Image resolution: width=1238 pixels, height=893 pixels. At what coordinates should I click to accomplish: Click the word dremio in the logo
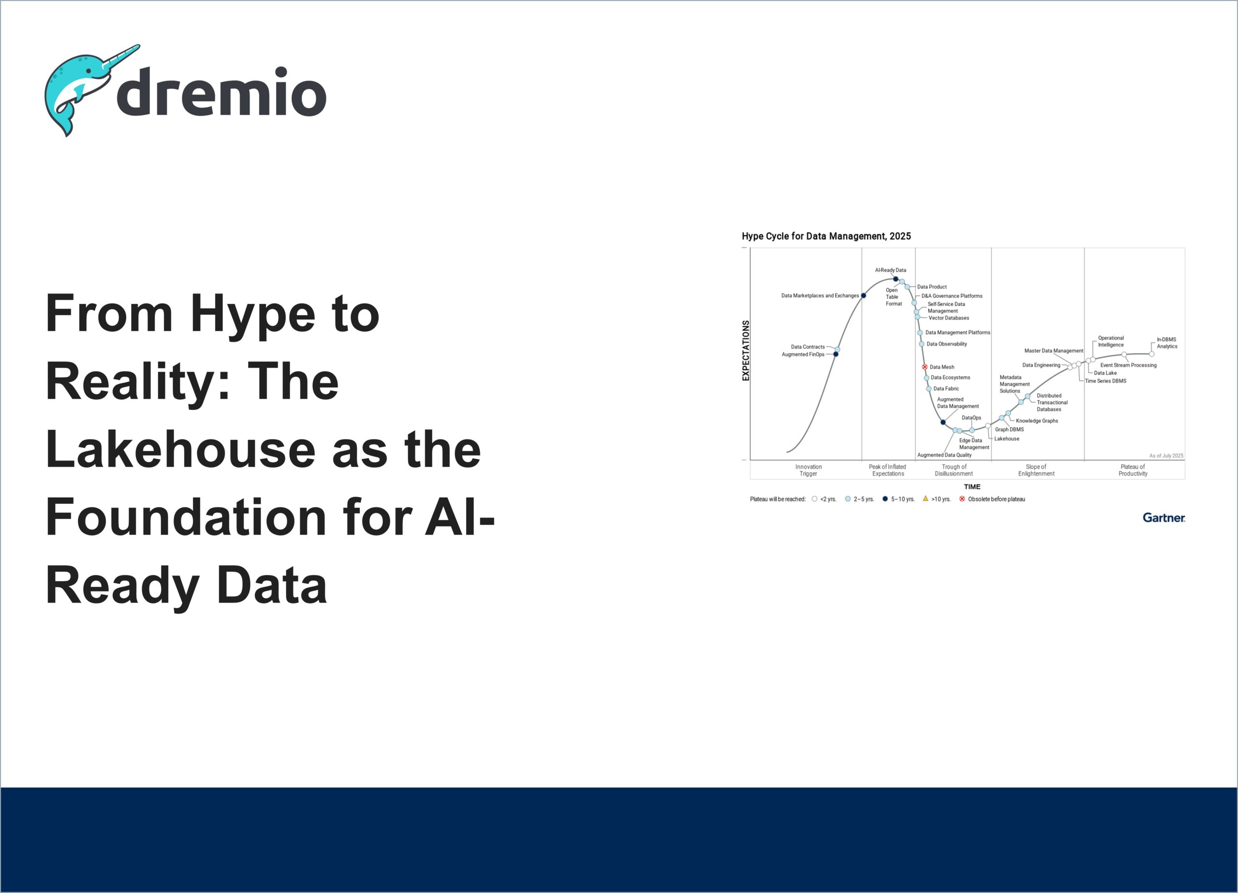(x=221, y=92)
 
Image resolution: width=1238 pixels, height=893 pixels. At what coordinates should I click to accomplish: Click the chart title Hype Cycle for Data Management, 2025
(x=826, y=236)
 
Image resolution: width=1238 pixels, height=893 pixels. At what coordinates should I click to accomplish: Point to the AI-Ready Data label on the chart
(x=890, y=270)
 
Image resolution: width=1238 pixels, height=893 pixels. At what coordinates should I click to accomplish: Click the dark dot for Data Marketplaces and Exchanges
(x=864, y=295)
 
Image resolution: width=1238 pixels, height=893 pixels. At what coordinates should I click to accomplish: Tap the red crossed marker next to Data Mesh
(x=925, y=367)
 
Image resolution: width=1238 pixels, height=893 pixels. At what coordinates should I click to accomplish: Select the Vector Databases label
(x=949, y=318)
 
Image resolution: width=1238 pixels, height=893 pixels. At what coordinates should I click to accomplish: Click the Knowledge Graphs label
(x=1036, y=421)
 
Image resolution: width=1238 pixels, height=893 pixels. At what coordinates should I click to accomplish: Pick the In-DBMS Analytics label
(x=1167, y=343)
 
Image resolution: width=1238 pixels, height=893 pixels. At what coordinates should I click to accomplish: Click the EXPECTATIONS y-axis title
(x=746, y=350)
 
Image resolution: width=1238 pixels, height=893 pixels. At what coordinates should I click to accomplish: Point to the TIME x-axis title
(x=972, y=486)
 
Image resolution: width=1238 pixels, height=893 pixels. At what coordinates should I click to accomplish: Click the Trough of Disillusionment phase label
(x=954, y=470)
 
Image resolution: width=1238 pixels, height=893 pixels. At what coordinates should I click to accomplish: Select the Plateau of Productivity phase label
(x=1133, y=470)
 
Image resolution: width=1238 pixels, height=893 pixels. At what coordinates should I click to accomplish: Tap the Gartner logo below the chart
(x=1164, y=517)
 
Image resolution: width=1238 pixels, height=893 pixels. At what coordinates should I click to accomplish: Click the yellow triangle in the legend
(x=925, y=498)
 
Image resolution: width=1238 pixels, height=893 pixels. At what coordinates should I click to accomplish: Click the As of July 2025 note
(x=1166, y=455)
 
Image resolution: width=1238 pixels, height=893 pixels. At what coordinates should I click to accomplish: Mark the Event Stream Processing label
(x=1128, y=365)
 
